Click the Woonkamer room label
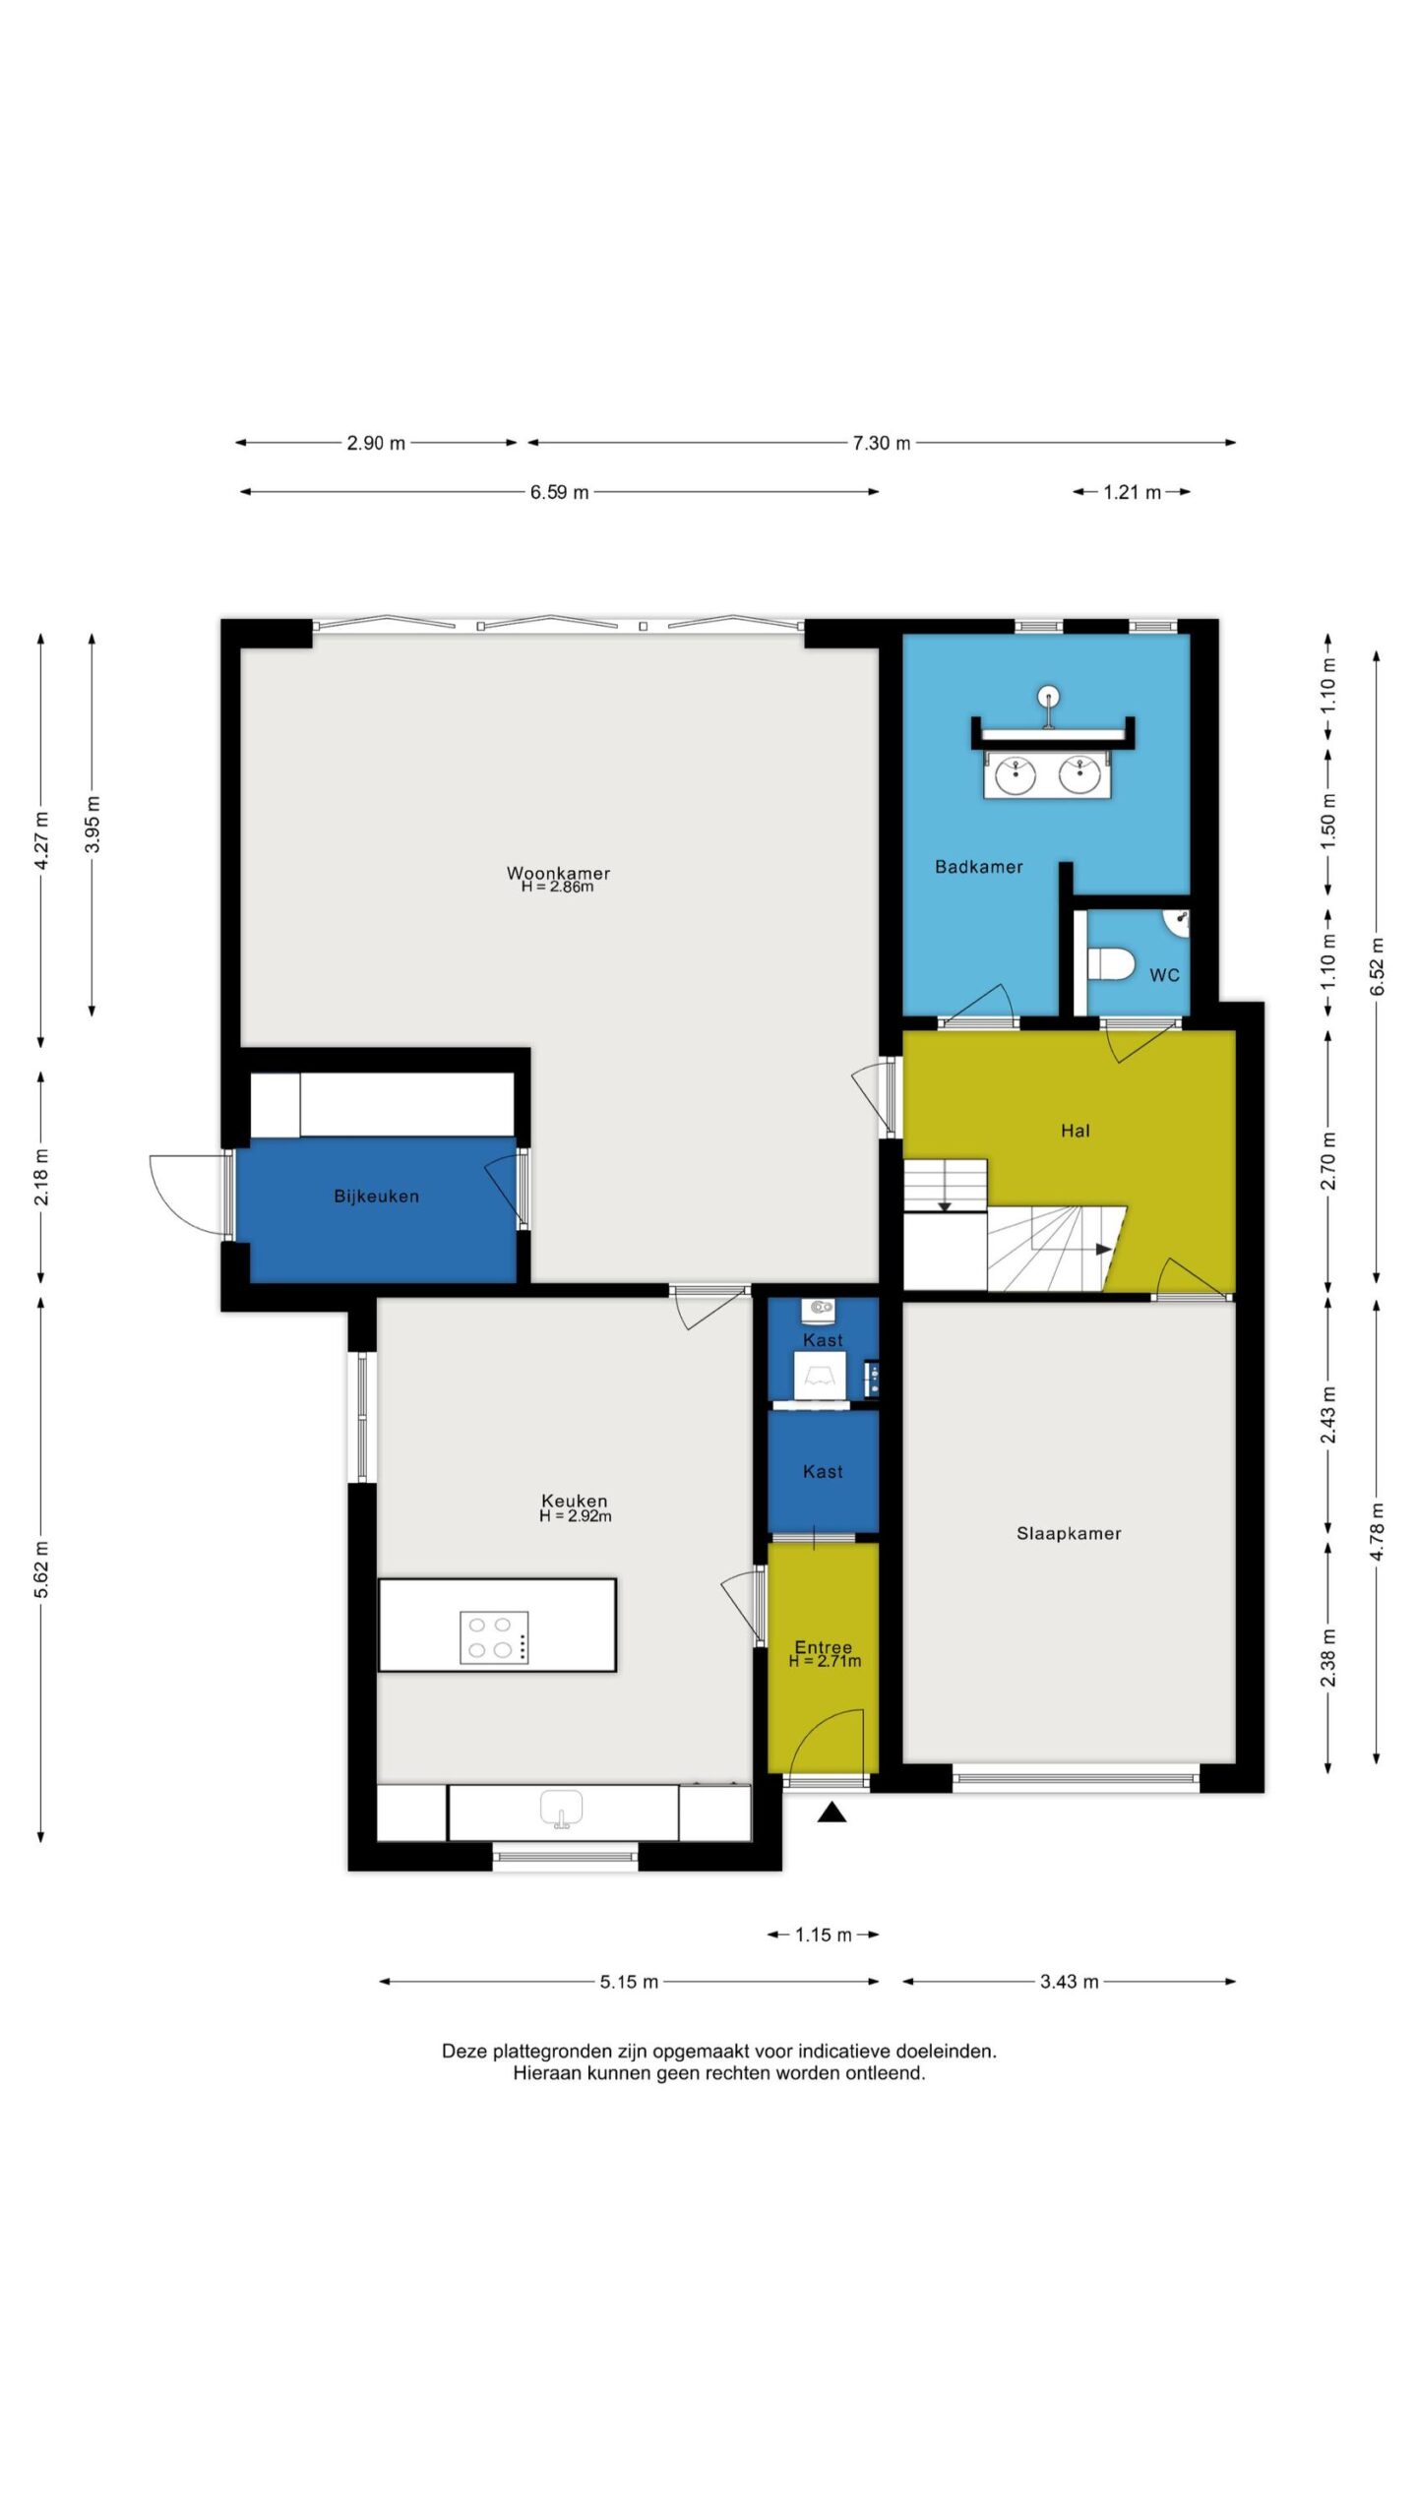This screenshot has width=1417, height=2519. click(x=558, y=873)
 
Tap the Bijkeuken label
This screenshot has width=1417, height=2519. click(x=377, y=1197)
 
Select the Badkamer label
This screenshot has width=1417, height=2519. click(x=979, y=867)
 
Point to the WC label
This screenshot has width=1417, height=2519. click(x=1164, y=975)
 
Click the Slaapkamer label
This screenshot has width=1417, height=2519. click(x=1069, y=1533)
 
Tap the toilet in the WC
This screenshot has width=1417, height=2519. click(x=1111, y=964)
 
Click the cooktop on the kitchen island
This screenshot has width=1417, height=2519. click(x=495, y=1637)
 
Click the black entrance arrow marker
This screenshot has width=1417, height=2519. click(x=832, y=1812)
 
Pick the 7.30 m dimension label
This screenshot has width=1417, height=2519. click(x=882, y=443)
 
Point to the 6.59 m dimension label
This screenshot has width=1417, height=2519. click(x=560, y=492)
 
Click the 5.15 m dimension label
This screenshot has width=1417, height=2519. click(x=630, y=1982)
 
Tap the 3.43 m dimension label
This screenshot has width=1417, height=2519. click(x=1070, y=1982)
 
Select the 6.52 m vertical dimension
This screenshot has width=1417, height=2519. click(x=1377, y=966)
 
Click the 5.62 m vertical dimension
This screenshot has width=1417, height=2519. click(x=41, y=1569)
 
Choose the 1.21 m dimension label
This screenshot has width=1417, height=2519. click(x=1133, y=492)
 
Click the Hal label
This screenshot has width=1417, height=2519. click(x=1076, y=1131)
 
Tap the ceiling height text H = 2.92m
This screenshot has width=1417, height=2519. click(x=575, y=1516)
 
